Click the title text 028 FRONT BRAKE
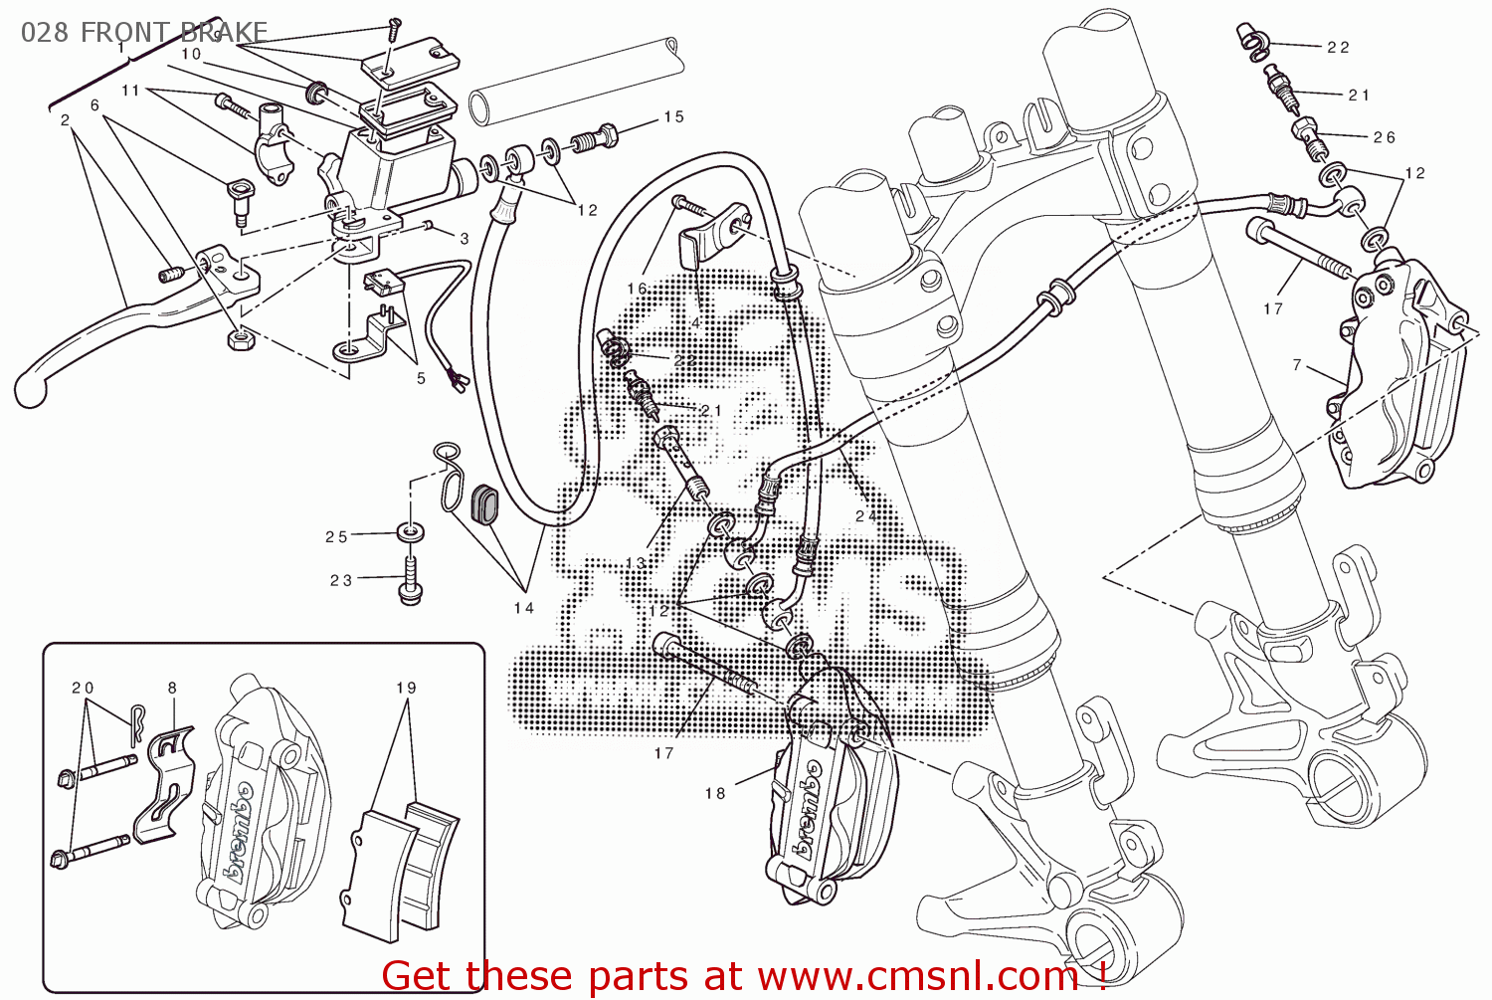(144, 32)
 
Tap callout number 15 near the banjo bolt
(673, 117)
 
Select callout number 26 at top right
(1384, 138)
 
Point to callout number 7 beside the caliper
(1297, 365)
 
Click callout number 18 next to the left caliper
(715, 793)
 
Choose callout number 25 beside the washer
(336, 537)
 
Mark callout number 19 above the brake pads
(406, 688)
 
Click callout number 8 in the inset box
(172, 688)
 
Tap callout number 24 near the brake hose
(865, 515)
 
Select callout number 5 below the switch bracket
(421, 378)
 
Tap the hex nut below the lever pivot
(240, 339)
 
